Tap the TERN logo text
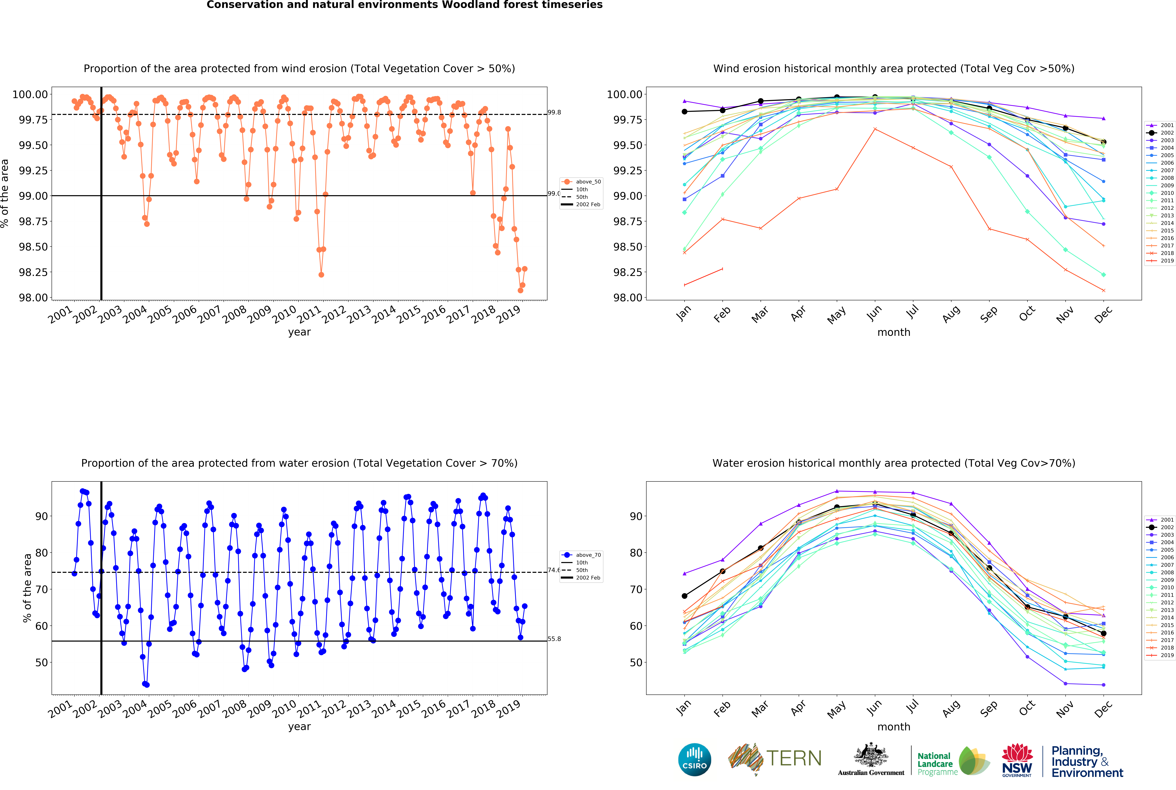794,758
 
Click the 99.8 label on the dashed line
554,112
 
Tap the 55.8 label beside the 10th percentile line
554,639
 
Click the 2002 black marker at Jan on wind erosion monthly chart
684,111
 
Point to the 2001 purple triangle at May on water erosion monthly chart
837,491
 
